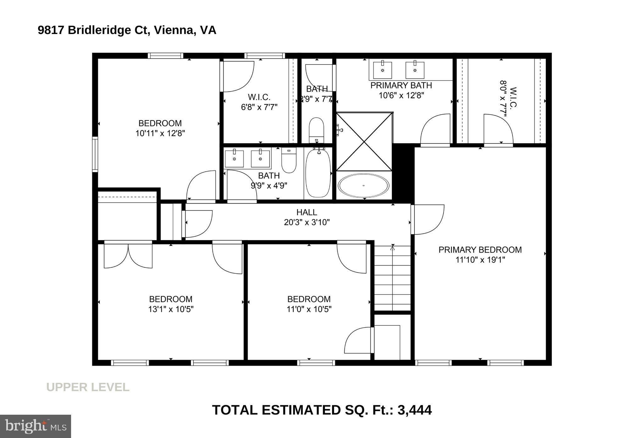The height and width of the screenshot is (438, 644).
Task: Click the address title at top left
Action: pyautogui.click(x=127, y=30)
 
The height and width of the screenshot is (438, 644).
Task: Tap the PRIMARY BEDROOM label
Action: pyautogui.click(x=480, y=250)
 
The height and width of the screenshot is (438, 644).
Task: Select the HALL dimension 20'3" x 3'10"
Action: pyautogui.click(x=307, y=222)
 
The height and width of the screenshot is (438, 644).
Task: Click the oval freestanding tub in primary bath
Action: pyautogui.click(x=364, y=186)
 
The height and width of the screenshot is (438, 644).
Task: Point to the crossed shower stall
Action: pyautogui.click(x=364, y=142)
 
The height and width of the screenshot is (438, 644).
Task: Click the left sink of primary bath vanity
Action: pyautogui.click(x=382, y=70)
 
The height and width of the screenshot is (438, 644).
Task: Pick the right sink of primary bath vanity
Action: pyautogui.click(x=414, y=70)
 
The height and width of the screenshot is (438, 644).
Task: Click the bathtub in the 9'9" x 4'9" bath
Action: pyautogui.click(x=318, y=173)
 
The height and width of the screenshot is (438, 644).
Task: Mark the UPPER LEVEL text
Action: pyautogui.click(x=88, y=387)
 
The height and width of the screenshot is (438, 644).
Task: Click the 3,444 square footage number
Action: pyautogui.click(x=414, y=410)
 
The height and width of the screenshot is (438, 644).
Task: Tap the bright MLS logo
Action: pyautogui.click(x=36, y=426)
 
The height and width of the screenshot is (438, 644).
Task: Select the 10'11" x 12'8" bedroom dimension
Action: pyautogui.click(x=160, y=133)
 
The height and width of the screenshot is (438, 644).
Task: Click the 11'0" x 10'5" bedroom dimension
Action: pyautogui.click(x=309, y=309)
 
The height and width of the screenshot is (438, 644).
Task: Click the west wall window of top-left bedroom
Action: pyautogui.click(x=95, y=154)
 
